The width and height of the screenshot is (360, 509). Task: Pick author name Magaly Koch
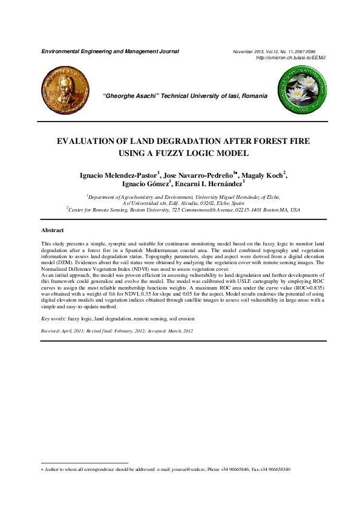(x=264, y=175)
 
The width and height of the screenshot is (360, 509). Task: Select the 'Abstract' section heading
(x=53, y=230)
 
